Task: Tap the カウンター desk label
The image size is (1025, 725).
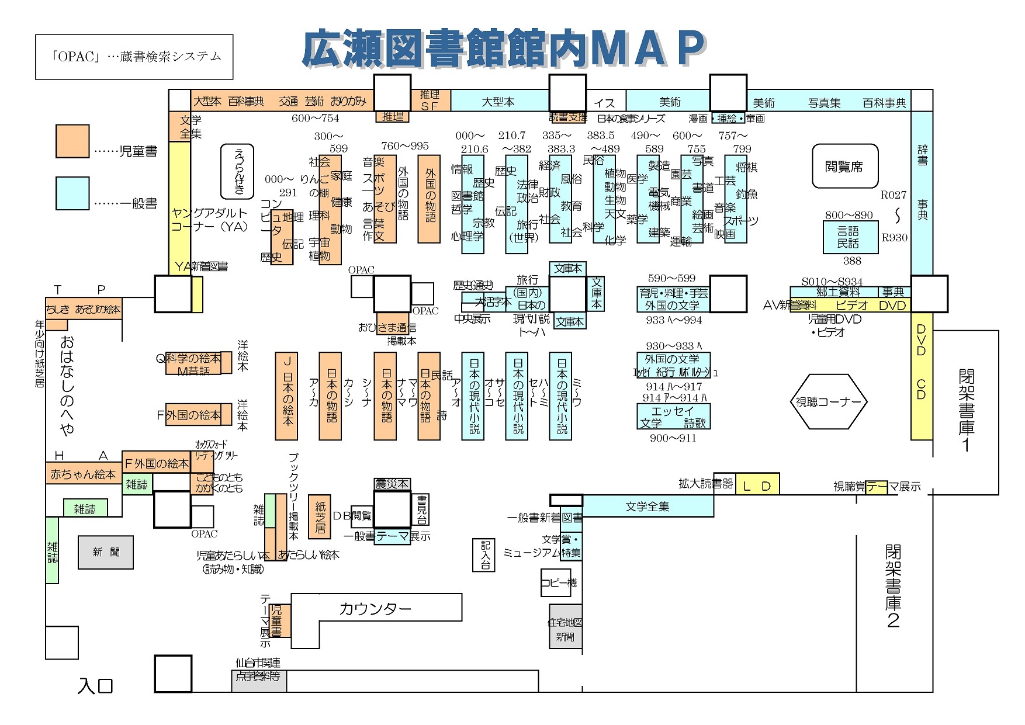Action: [x=376, y=609]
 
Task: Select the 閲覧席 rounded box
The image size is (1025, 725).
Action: [x=844, y=166]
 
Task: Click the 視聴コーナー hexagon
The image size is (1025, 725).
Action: [x=829, y=402]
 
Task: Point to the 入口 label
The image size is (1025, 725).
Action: [x=95, y=685]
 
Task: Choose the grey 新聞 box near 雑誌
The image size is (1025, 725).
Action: [x=106, y=552]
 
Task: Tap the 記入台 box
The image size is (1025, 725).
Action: [x=484, y=554]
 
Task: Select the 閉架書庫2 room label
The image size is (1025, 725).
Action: [x=892, y=586]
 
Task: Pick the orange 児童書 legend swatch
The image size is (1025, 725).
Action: [x=72, y=141]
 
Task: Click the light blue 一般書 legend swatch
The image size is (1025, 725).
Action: [x=72, y=193]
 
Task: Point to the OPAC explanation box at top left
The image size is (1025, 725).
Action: [x=134, y=57]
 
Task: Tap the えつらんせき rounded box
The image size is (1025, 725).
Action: [x=237, y=171]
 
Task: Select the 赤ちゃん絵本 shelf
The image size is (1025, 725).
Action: [x=83, y=474]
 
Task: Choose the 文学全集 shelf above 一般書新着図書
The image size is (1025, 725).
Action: [x=647, y=507]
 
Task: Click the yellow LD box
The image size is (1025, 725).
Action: [x=757, y=485]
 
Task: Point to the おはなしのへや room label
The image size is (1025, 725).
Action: [x=67, y=386]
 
